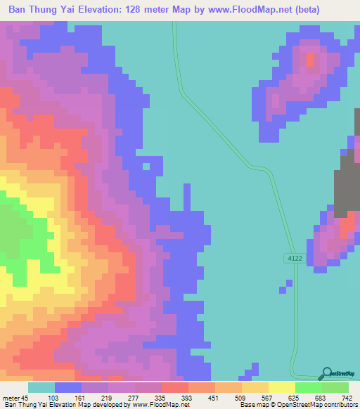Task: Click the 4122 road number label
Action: (295, 258)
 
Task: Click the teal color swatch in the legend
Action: (41, 387)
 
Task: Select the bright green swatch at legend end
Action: (335, 387)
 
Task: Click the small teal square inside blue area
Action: (146, 167)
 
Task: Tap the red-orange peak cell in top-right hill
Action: (310, 60)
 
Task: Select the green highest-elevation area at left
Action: (14, 232)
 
